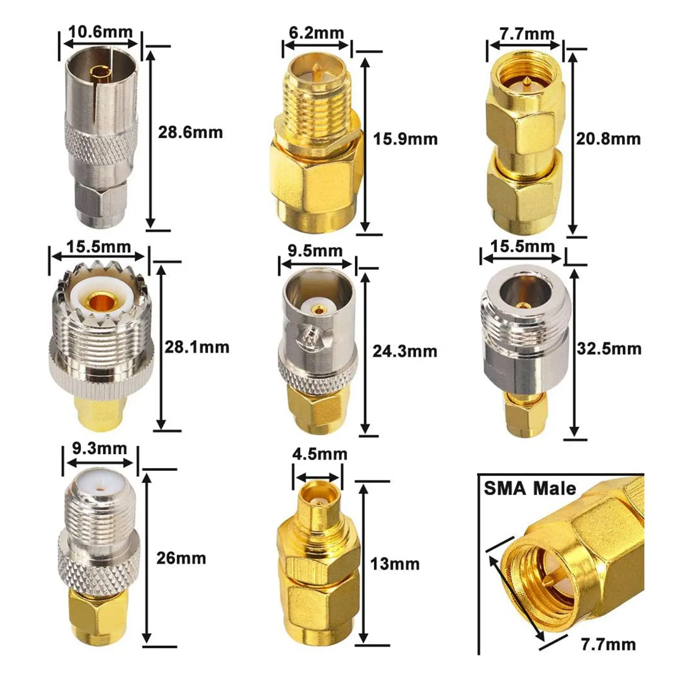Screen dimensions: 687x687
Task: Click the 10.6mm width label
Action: [x=100, y=32]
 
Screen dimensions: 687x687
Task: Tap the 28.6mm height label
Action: [x=190, y=133]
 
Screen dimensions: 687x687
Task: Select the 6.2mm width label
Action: [x=316, y=33]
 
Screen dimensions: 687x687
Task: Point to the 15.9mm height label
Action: [x=405, y=139]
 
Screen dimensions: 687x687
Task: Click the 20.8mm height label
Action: [x=608, y=139]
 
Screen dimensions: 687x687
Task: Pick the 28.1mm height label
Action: [x=196, y=347]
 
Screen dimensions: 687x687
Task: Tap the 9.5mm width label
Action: [x=315, y=251]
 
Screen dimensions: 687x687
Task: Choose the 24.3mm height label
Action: [x=405, y=352]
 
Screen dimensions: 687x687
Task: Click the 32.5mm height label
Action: [x=609, y=349]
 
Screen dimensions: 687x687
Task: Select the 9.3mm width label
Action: [x=99, y=449]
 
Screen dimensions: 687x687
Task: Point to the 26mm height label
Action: [x=181, y=558]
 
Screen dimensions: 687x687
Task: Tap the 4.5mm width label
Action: [x=320, y=454]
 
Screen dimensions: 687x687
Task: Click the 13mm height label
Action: [x=395, y=564]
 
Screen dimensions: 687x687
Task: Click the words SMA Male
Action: [x=530, y=489]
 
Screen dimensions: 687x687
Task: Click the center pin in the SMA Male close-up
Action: [x=546, y=581]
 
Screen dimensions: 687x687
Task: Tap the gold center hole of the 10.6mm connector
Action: [x=97, y=74]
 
